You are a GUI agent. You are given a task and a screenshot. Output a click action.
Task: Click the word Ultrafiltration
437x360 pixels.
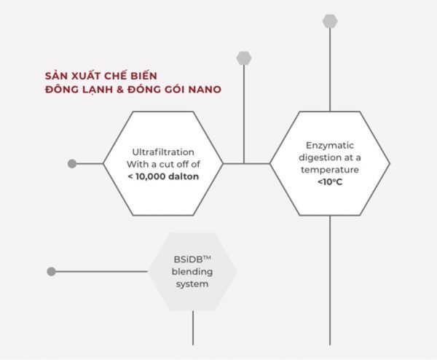[163, 152]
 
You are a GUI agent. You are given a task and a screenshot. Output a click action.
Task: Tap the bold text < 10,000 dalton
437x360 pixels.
[163, 176]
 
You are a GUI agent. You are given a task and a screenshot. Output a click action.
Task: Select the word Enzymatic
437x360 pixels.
[330, 146]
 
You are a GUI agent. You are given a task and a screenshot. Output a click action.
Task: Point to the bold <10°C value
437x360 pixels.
[330, 182]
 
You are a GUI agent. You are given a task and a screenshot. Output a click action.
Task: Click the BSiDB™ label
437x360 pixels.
[192, 259]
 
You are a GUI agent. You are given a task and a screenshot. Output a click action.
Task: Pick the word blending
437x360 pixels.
[192, 272]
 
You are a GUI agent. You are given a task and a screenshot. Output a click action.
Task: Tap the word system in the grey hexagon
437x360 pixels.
[192, 284]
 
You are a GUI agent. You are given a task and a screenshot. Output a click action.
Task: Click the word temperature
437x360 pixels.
[330, 170]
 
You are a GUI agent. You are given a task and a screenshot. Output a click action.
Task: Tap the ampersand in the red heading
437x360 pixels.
[120, 90]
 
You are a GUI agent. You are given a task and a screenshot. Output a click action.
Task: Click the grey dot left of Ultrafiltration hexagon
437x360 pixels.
[72, 164]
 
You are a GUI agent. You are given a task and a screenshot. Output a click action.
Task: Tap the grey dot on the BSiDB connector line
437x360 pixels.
[51, 271]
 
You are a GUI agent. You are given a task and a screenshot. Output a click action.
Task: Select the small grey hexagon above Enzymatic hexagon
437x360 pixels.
[330, 21]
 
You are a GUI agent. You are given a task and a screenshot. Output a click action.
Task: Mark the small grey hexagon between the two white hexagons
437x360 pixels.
[244, 58]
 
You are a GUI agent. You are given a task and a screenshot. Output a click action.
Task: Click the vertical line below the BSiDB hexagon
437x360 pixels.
[193, 328]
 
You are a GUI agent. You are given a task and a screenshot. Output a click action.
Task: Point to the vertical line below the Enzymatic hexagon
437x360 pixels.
[330, 281]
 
